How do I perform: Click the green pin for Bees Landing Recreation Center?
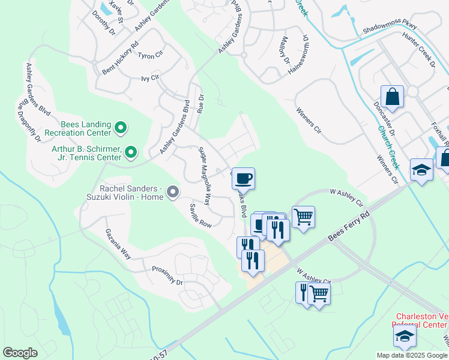(120, 128)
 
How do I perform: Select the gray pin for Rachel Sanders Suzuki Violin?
(173, 192)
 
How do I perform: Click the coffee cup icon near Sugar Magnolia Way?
(243, 179)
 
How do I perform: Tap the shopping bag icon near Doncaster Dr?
(392, 97)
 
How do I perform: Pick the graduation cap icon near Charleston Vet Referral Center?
(405, 337)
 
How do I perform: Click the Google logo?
(20, 353)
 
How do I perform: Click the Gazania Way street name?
(118, 244)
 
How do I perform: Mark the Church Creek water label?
(388, 147)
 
